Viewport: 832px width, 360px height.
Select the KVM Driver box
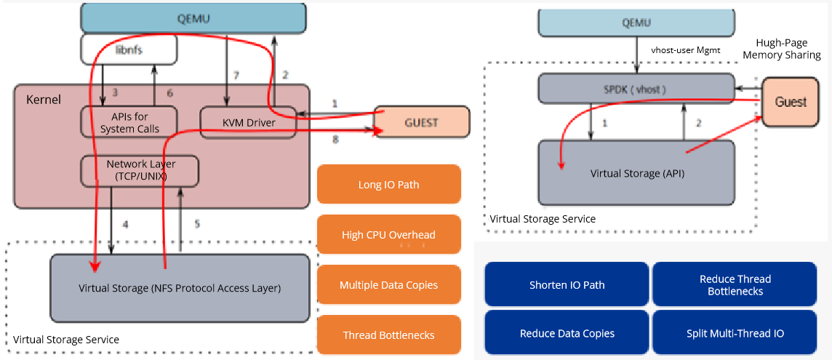pos(248,122)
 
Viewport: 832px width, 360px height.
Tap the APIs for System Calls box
pos(129,122)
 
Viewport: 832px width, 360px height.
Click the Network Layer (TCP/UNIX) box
pos(140,170)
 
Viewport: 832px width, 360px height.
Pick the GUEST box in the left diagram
pos(421,121)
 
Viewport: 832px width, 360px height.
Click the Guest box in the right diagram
pos(790,102)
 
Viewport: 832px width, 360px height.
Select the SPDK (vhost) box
pos(633,89)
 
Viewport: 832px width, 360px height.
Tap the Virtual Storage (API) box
pos(638,173)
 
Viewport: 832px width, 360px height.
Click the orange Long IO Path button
pos(388,185)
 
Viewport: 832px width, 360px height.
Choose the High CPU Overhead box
pos(388,235)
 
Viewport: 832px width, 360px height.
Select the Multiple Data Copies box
pos(388,285)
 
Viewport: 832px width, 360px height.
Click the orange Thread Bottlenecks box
pos(388,335)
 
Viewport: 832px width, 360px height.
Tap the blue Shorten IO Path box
pos(567,285)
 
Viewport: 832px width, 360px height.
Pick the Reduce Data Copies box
pos(567,333)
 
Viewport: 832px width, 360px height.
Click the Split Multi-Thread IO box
pos(735,333)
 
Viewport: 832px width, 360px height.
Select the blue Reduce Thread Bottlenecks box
pos(735,285)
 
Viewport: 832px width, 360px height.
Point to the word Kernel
pos(44,99)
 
